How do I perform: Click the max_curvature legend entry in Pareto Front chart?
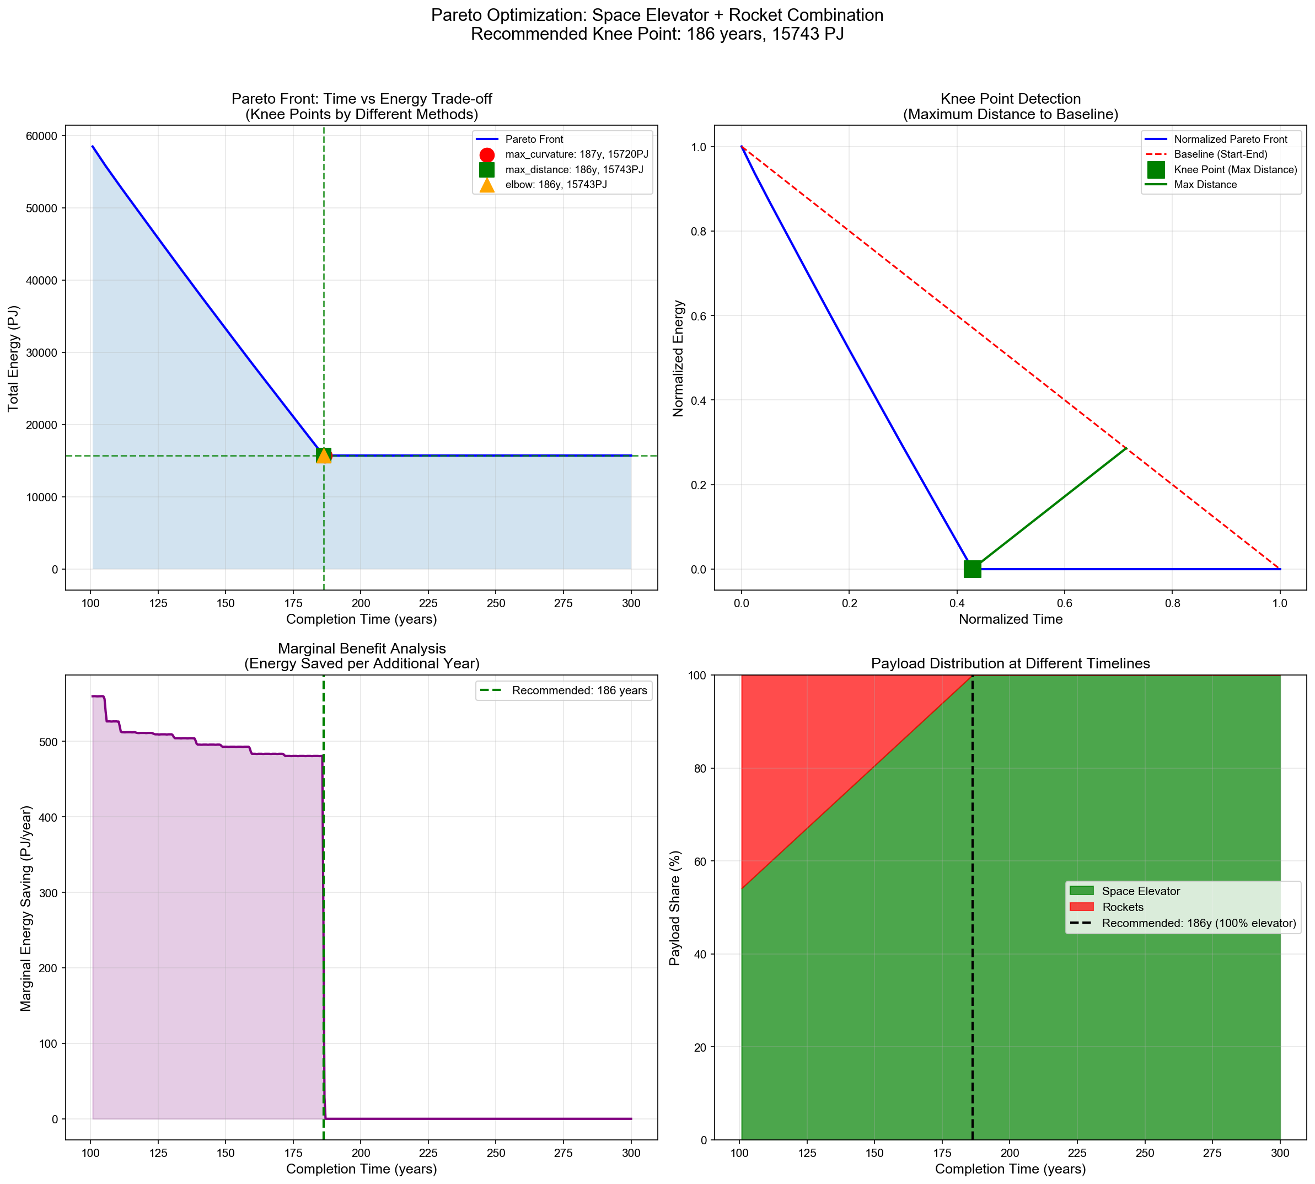(x=576, y=154)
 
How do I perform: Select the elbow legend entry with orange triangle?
(x=556, y=185)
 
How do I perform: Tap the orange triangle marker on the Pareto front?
(x=324, y=455)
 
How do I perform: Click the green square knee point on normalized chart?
(x=972, y=569)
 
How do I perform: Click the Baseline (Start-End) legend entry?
(x=1220, y=154)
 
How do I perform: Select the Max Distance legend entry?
(x=1205, y=185)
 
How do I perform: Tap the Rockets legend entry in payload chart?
(x=1123, y=907)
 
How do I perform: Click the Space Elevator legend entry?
(x=1141, y=891)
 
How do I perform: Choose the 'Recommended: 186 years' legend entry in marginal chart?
(x=579, y=690)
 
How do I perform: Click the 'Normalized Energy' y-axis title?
(x=678, y=358)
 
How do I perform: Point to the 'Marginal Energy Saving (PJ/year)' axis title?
(x=26, y=908)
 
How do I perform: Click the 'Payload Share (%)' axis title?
(x=674, y=908)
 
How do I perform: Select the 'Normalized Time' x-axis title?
(x=1011, y=619)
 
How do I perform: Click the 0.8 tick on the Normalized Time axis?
(x=1172, y=603)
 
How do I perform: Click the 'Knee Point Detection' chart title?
(x=1011, y=99)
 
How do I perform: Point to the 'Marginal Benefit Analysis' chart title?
(x=362, y=649)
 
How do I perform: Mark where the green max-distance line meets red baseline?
(x=1126, y=448)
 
